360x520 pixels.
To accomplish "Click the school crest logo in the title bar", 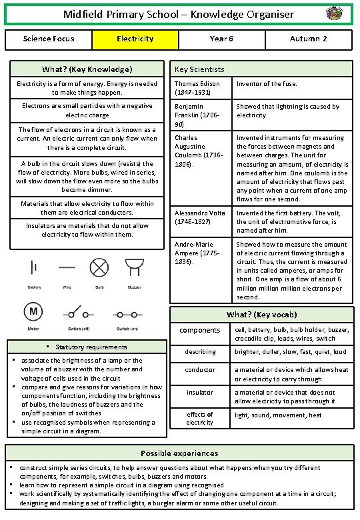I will (335, 13).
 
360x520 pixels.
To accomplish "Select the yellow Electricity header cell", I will (135, 39).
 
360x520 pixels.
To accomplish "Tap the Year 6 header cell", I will (221, 39).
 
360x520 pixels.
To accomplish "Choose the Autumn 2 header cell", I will (308, 39).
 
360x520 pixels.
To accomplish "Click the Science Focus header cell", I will (48, 39).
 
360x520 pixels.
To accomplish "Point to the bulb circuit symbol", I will (99, 268).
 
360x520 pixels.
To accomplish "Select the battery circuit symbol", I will (33, 268).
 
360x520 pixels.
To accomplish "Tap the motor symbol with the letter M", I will (33, 311).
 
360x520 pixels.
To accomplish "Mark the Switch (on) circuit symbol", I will (126, 313).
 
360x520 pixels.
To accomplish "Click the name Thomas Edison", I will (197, 84).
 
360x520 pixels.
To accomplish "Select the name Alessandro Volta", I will (199, 213).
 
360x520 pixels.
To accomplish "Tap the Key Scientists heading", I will (199, 69).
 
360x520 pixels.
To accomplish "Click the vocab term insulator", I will (200, 393).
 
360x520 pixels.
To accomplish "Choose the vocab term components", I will (200, 330).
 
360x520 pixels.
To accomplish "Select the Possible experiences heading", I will (179, 453).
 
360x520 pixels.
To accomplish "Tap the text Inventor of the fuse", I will (267, 84).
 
